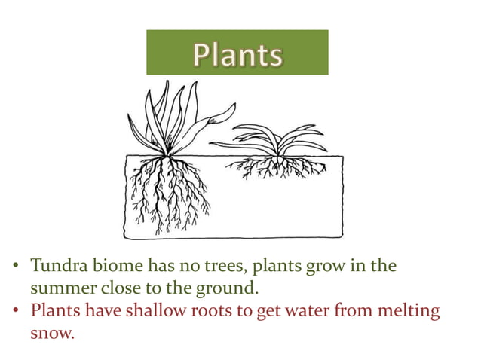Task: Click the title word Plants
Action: [237, 54]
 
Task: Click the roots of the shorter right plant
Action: [277, 167]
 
